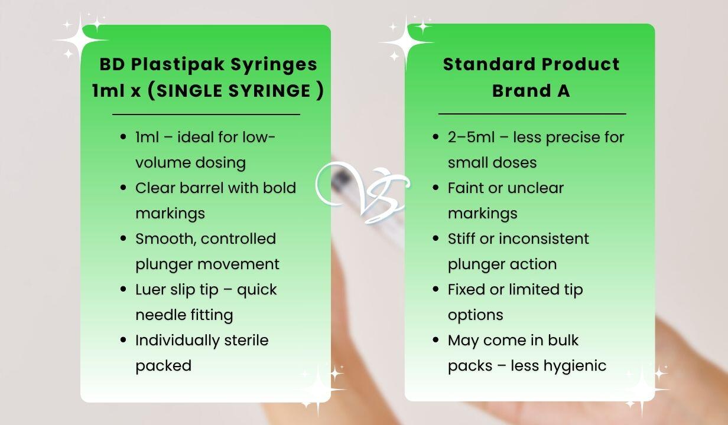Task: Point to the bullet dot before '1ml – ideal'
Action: tap(123, 138)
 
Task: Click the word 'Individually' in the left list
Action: tap(170, 341)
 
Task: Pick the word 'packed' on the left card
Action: tap(163, 366)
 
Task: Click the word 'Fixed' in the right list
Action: tap(466, 289)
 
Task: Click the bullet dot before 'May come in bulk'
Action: tap(435, 341)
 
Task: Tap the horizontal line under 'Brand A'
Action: tap(532, 113)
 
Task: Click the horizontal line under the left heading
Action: tap(206, 114)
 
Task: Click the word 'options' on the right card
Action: tap(475, 315)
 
